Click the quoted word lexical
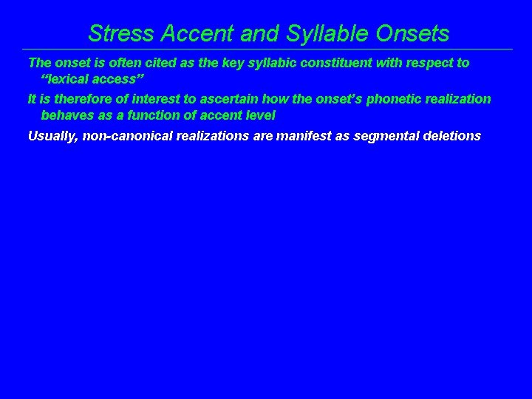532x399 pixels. pyautogui.click(x=69, y=80)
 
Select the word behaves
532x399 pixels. pyautogui.click(x=66, y=116)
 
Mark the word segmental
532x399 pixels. pyautogui.click(x=389, y=135)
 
